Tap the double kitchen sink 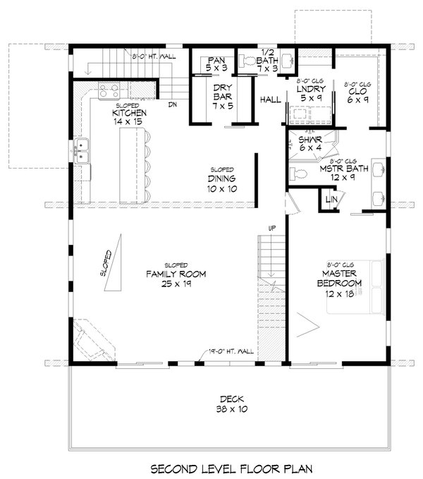tap(82, 150)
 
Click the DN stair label tap(171, 106)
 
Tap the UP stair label tap(271, 227)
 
